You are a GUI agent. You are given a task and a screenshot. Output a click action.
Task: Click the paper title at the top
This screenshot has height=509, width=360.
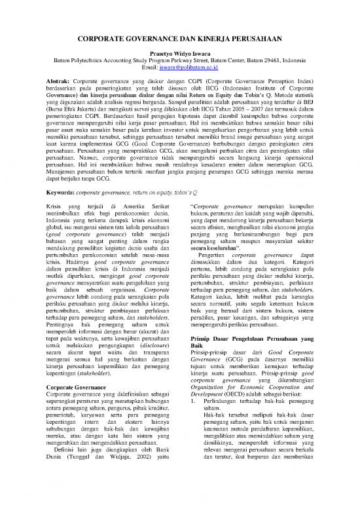[179, 39]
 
